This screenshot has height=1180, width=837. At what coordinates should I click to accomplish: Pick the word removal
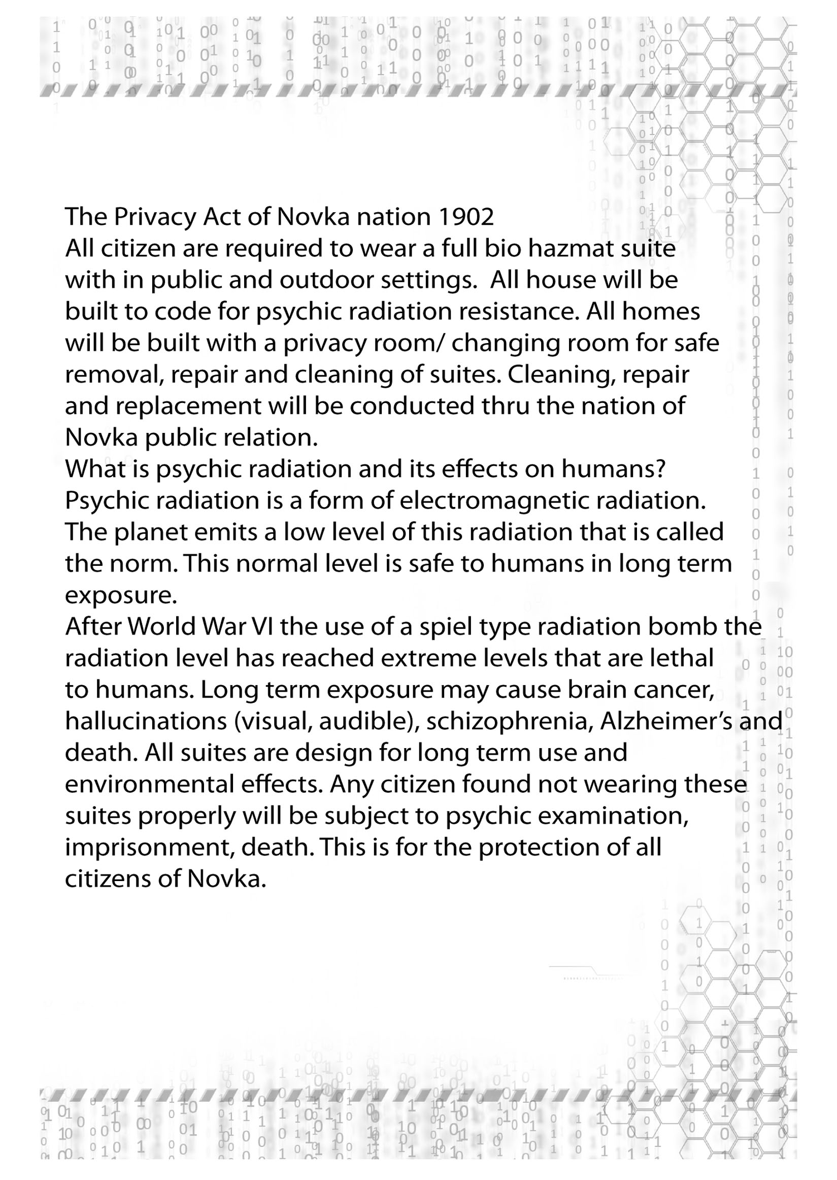[114, 375]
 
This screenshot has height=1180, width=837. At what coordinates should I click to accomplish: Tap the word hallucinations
[146, 721]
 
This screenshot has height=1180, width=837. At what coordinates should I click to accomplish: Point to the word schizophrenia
[507, 721]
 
